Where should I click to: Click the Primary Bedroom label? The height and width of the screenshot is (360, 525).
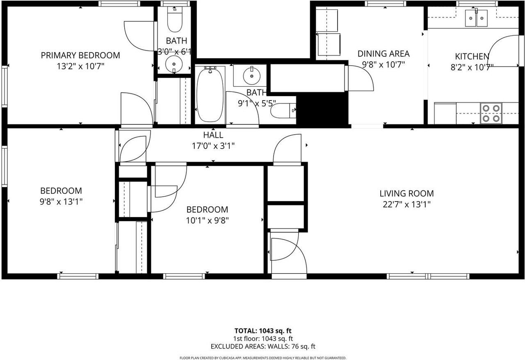(80, 55)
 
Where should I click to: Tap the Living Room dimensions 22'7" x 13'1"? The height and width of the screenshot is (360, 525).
(406, 204)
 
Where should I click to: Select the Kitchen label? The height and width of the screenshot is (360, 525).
(472, 57)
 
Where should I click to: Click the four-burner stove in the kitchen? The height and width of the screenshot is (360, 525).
(491, 113)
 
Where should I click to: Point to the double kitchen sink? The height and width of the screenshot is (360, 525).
(476, 18)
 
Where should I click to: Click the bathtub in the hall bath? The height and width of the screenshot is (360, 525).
(210, 95)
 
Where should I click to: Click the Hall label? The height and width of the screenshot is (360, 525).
(213, 135)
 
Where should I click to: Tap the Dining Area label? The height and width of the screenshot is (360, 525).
(383, 54)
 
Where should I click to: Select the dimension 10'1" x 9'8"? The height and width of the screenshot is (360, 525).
(207, 220)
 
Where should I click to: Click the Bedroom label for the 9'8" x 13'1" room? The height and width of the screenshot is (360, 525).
(61, 191)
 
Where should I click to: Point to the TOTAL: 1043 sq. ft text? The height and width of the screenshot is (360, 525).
(262, 331)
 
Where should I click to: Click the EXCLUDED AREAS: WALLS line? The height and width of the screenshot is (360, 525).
(262, 347)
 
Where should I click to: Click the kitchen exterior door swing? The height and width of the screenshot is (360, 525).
(502, 51)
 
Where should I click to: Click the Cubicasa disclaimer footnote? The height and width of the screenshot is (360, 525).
(262, 358)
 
